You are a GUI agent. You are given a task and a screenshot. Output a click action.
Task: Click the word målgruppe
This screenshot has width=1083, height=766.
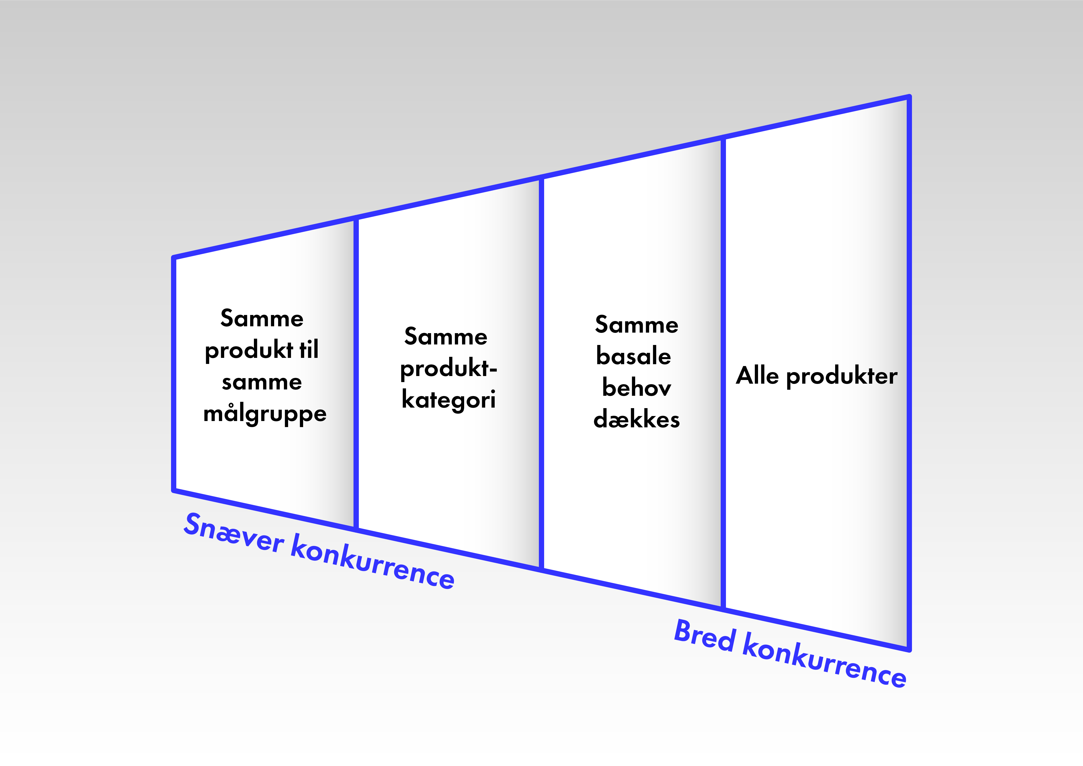[x=265, y=414]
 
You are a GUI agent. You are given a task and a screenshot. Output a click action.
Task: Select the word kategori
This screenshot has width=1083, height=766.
[x=449, y=399]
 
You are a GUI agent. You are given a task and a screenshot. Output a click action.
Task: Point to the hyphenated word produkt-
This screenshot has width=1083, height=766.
[x=449, y=368]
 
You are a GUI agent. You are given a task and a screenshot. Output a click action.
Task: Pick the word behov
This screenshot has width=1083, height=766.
[x=636, y=388]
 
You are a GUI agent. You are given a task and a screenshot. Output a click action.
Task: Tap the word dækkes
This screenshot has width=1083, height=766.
[x=636, y=419]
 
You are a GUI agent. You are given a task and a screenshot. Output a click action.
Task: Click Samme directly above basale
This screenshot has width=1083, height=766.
[x=636, y=324]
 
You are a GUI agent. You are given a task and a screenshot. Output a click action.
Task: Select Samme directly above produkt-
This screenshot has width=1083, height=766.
[x=446, y=336]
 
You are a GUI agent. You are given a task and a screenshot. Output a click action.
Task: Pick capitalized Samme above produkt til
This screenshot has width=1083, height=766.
[x=262, y=318]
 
